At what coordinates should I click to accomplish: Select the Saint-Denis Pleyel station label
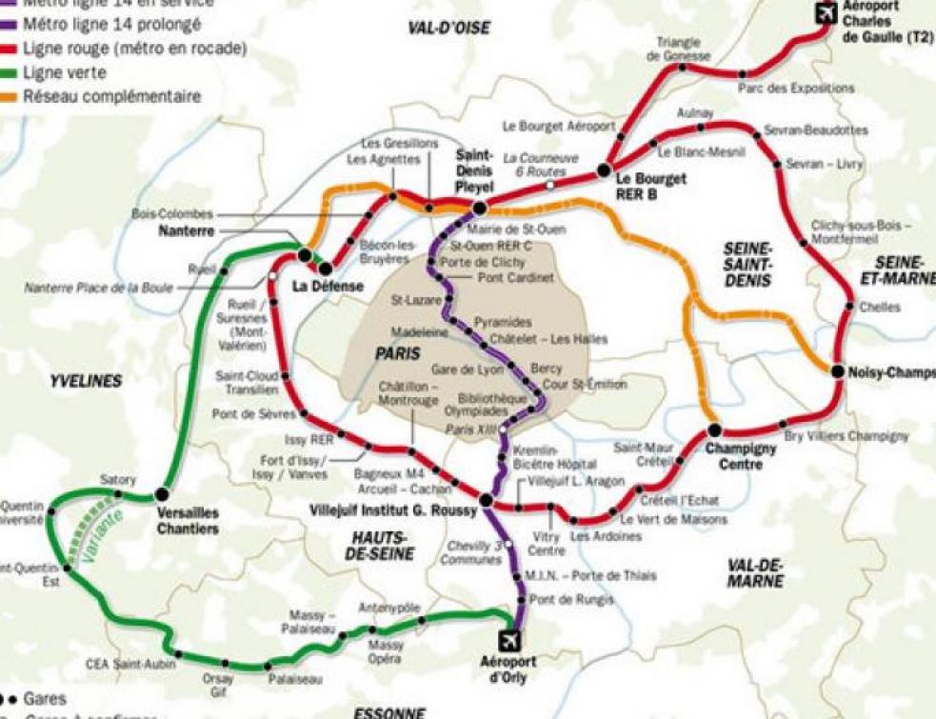(x=473, y=171)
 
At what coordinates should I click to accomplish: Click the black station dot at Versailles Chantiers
(x=162, y=493)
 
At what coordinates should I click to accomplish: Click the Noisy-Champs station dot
(x=837, y=371)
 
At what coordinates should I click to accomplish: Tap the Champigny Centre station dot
(x=714, y=429)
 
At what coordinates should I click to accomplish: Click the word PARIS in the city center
(x=397, y=353)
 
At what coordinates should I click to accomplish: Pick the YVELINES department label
(x=86, y=381)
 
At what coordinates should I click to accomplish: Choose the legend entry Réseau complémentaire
(x=111, y=96)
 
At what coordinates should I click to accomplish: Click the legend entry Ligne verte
(x=64, y=72)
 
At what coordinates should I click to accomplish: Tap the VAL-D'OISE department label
(x=448, y=29)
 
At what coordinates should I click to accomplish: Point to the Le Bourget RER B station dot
(x=603, y=170)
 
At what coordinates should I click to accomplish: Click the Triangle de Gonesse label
(x=678, y=50)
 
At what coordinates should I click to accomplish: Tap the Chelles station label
(x=878, y=308)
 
